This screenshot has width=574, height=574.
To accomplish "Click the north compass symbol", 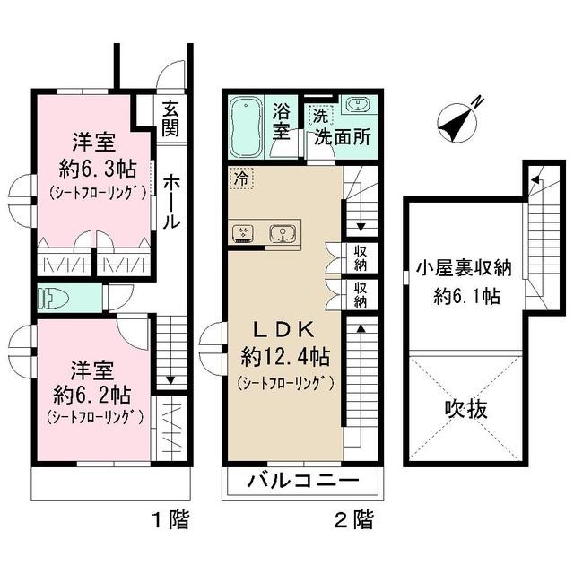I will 459,121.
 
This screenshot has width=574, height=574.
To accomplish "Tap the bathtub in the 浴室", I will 247,126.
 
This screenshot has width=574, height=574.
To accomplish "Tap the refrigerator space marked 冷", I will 240,178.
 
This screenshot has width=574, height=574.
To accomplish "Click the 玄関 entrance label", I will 170,117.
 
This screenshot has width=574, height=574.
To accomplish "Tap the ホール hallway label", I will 170,202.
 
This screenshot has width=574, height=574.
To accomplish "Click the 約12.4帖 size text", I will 285,357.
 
